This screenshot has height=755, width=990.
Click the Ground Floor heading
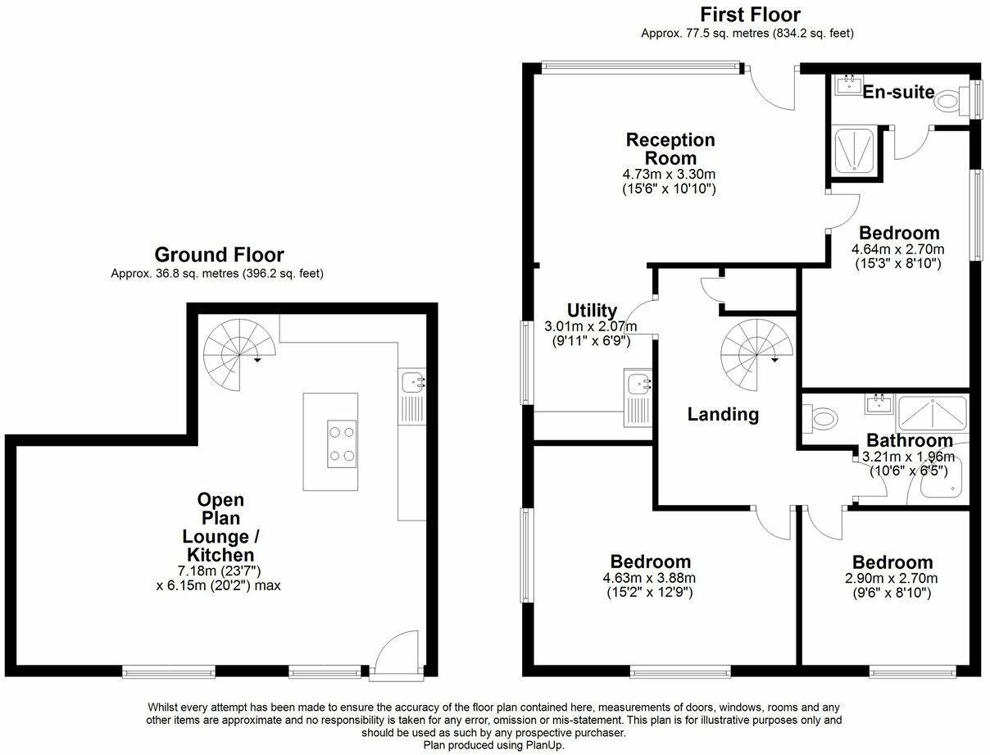tap(219, 254)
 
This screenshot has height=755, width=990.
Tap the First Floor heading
tap(749, 15)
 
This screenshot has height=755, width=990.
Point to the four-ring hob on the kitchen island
tap(342, 443)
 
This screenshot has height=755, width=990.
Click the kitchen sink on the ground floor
tap(412, 380)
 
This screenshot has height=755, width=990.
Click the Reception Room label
tap(670, 148)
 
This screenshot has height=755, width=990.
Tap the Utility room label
tap(592, 311)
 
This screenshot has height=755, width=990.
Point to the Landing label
tap(723, 415)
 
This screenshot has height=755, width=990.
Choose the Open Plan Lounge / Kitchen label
tap(220, 527)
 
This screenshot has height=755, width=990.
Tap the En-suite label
tap(898, 92)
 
